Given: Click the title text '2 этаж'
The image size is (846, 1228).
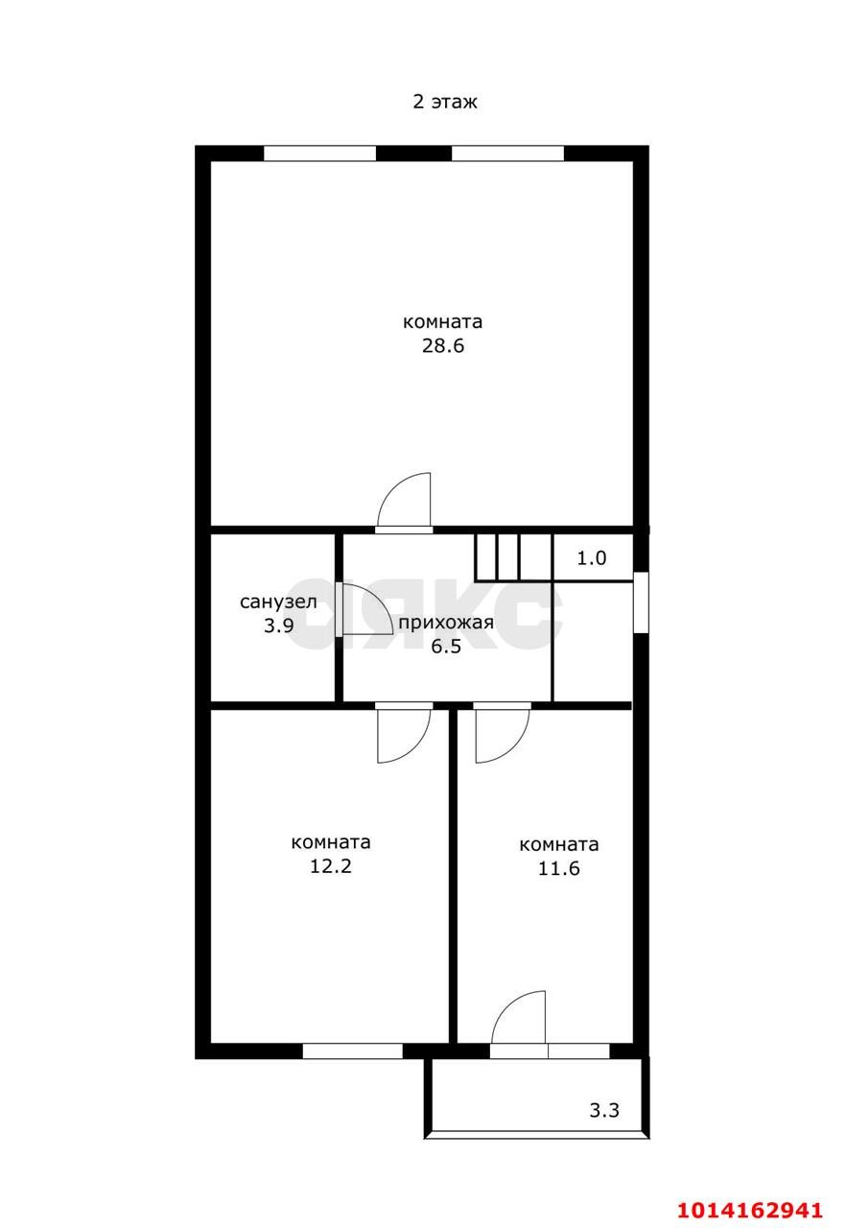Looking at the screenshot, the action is coord(444,102).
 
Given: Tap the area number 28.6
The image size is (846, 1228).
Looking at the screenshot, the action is coord(443,346).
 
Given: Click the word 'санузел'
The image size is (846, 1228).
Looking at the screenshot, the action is coord(278,602).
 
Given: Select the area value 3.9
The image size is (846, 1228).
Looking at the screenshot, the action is coord(279,626).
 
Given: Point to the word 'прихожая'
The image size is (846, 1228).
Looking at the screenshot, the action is coord(446,624).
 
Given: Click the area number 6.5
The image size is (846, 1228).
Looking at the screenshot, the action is coord(446,647).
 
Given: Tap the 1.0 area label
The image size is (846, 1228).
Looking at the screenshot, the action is coord(592,558).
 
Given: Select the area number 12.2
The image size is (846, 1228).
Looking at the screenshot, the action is coord(331,866).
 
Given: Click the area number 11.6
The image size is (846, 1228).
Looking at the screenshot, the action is coord(559,868).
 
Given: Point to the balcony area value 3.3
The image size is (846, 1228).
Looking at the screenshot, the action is coord(604,1110).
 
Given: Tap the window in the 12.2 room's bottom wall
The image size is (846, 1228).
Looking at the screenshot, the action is coord(352,1051).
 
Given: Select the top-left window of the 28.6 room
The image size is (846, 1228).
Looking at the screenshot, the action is coord(320,153).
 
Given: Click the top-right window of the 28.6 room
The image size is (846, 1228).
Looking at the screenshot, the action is coord(507,153).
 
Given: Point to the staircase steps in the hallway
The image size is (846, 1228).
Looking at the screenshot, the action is coord(513,556).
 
